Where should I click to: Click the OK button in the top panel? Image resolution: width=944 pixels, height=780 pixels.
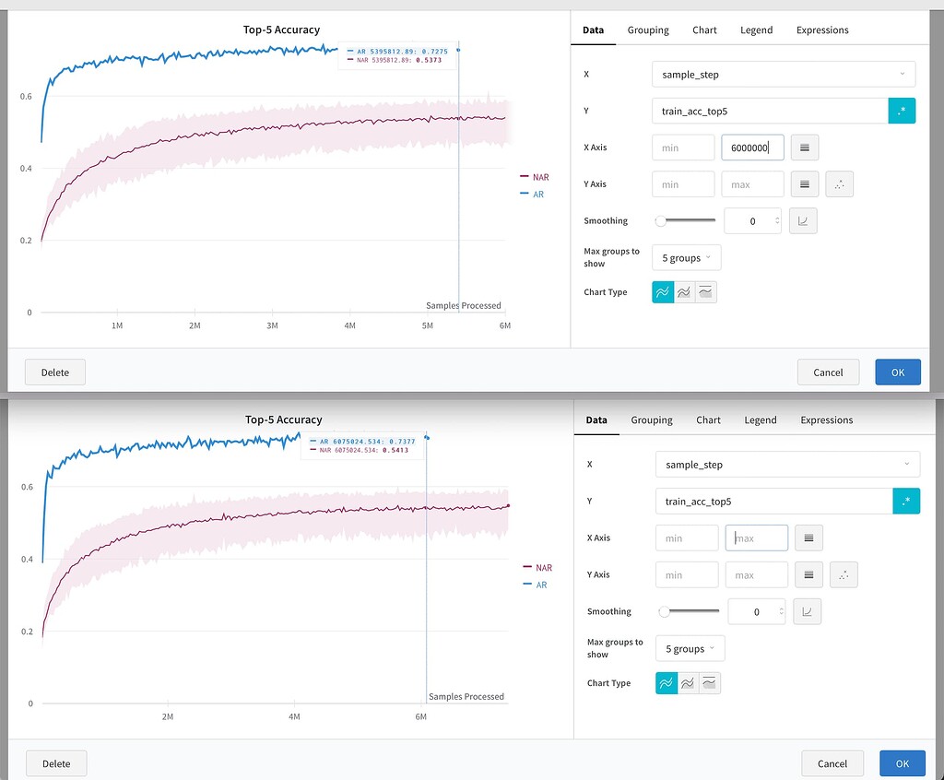pos(898,372)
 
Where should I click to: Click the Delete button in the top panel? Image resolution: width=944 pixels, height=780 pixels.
pos(54,372)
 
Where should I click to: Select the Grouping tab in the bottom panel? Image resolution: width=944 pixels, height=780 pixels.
pos(652,420)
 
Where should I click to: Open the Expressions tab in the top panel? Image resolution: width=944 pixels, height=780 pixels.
pos(822,30)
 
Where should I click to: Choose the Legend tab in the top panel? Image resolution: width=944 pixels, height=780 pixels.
pos(756,30)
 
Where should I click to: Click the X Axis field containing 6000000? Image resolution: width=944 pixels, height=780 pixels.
pos(752,148)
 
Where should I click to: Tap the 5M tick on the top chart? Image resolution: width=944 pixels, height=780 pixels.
pos(427,326)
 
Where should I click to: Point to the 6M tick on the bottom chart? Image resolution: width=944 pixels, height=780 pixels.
pos(420,716)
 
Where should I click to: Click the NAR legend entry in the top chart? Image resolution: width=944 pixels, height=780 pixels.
pos(540,177)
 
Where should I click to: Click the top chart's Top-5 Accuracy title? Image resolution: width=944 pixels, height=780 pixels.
pos(281,30)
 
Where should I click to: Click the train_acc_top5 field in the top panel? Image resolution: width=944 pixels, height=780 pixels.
pos(769,111)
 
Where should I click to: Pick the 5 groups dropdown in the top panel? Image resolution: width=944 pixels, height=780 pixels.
pos(686,258)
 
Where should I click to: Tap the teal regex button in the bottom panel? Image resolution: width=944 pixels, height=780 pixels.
pos(906,501)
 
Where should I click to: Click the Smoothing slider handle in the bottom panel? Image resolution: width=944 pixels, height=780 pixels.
pos(664,611)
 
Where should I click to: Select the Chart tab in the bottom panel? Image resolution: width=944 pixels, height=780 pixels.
pos(708,420)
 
